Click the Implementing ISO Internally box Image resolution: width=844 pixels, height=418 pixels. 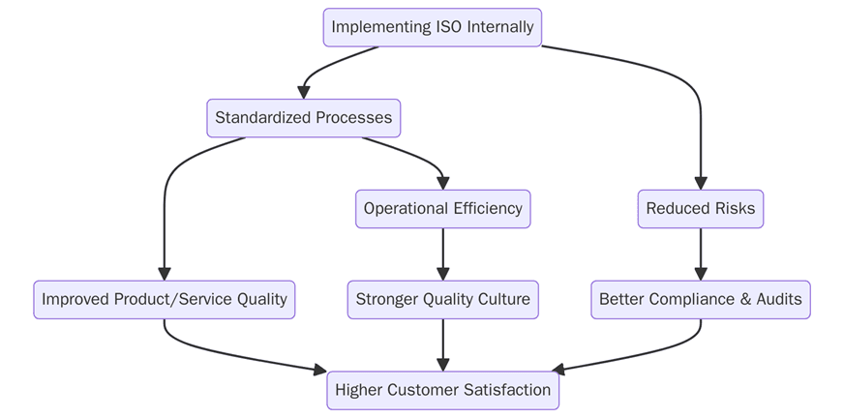(x=432, y=27)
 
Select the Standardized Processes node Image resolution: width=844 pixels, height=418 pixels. (x=303, y=118)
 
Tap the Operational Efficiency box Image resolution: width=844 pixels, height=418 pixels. (x=442, y=209)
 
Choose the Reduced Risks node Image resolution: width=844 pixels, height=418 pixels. (x=700, y=209)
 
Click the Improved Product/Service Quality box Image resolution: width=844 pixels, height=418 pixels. (x=164, y=300)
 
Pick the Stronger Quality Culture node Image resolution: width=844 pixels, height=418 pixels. (x=442, y=300)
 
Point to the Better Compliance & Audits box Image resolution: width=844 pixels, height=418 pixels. (x=700, y=300)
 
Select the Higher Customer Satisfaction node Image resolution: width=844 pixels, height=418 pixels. (x=442, y=390)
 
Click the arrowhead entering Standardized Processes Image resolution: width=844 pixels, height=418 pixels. (x=304, y=92)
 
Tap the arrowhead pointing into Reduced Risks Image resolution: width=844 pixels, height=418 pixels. (x=701, y=183)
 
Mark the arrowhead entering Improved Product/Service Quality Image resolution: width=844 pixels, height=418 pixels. (x=165, y=274)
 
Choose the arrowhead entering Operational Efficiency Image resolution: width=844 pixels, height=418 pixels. (x=442, y=183)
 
